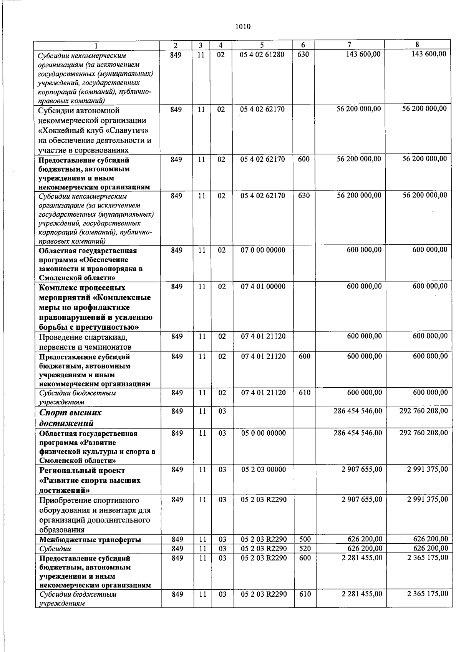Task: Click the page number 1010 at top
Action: (242, 27)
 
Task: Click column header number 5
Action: (262, 45)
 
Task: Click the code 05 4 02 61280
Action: (262, 55)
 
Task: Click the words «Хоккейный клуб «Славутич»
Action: (94, 130)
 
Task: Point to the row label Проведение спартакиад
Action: (83, 337)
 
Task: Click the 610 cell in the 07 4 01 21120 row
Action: (304, 393)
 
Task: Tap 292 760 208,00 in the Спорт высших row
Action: (423, 411)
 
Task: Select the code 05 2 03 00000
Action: (263, 470)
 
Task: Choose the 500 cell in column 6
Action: (305, 539)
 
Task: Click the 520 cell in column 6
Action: (305, 548)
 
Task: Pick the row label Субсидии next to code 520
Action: (55, 549)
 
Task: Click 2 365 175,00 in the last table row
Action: (427, 594)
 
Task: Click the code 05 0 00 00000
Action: (263, 433)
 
